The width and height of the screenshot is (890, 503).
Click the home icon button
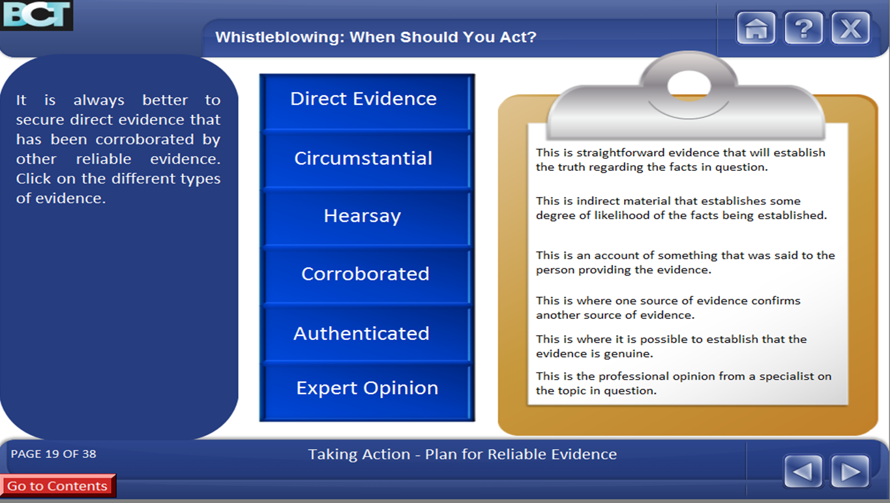(x=756, y=28)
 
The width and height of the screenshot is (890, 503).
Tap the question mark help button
(x=803, y=28)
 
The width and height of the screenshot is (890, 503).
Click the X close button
(x=850, y=28)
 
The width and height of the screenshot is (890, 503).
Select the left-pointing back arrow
(x=803, y=472)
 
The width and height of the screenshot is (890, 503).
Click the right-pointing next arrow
(x=850, y=472)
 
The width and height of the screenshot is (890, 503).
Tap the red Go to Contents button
(x=57, y=485)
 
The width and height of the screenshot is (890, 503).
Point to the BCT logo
(x=36, y=15)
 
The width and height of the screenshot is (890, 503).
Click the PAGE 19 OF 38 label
(x=53, y=453)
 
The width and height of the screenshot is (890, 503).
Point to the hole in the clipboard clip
(x=689, y=85)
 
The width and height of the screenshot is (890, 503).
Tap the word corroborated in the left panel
(x=145, y=140)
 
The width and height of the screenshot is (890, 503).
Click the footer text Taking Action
(x=359, y=454)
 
